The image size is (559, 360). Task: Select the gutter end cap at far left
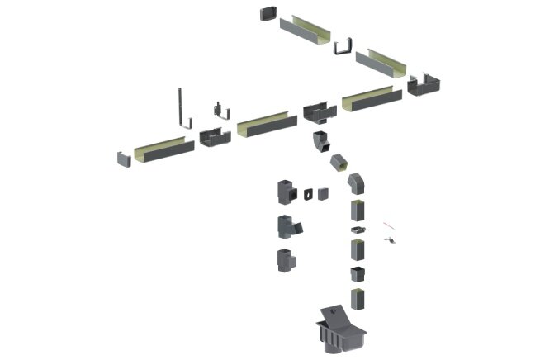[x=123, y=157]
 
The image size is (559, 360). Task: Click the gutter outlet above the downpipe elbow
[x=319, y=112]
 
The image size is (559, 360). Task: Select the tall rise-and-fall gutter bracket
[x=181, y=107]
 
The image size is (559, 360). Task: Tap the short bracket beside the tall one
[x=217, y=110]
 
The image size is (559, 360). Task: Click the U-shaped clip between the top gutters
[x=343, y=45]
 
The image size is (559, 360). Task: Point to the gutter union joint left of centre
[x=215, y=137]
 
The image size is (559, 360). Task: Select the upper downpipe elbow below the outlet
[x=320, y=142]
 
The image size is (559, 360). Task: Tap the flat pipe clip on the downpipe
[x=356, y=229]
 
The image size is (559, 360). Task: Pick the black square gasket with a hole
[x=307, y=193]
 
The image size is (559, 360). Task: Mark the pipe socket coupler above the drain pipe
[x=357, y=274]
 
